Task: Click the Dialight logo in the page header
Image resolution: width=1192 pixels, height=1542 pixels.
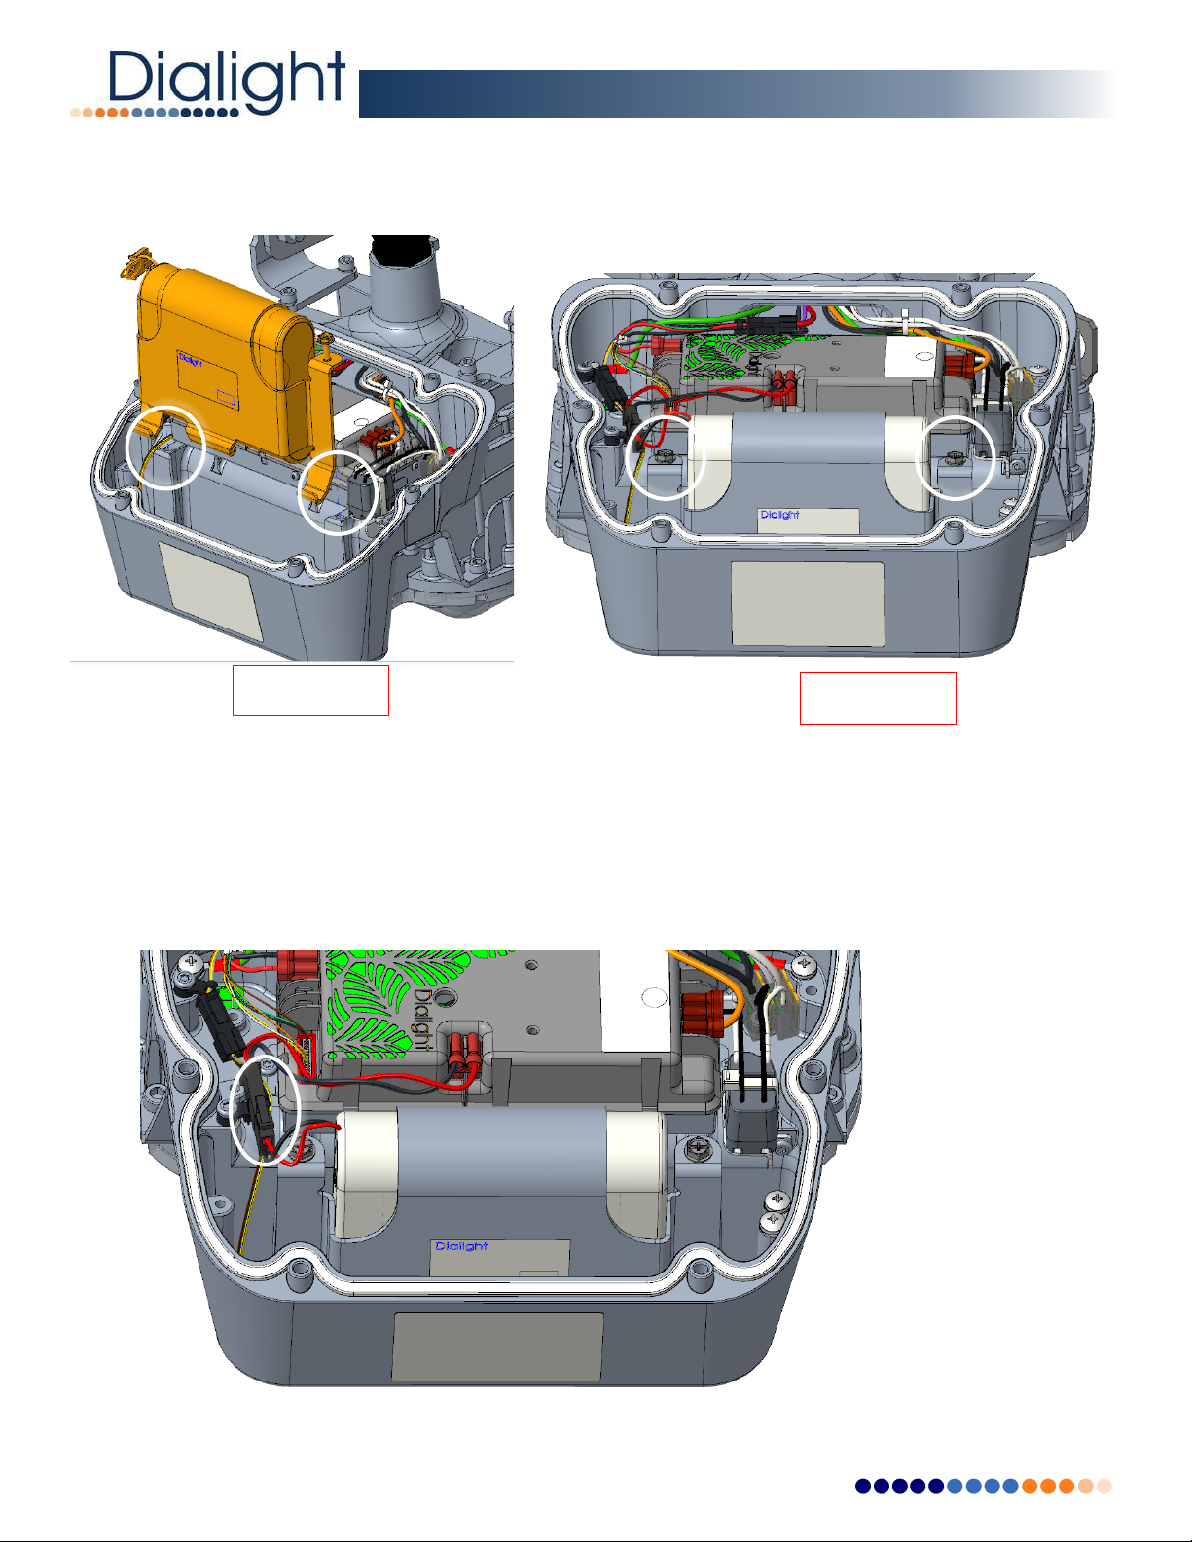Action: click(x=208, y=83)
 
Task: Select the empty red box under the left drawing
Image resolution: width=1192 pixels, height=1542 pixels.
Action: click(x=310, y=691)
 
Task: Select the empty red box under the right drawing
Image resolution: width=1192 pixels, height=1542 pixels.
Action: click(x=878, y=699)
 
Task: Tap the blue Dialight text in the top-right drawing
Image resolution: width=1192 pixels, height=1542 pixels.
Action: click(x=779, y=515)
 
